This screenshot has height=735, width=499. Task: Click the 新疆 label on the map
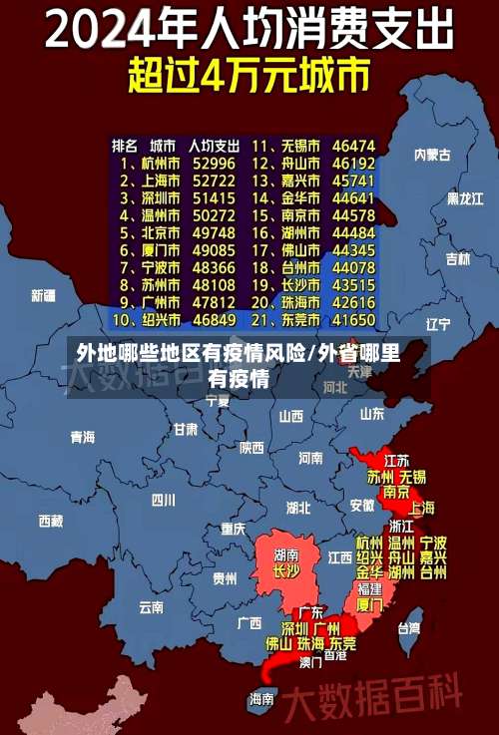pyautogui.click(x=43, y=295)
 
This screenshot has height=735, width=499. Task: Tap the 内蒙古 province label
pyautogui.click(x=433, y=155)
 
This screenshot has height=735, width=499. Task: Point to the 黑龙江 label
pyautogui.click(x=464, y=198)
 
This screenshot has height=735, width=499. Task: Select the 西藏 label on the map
pyautogui.click(x=50, y=521)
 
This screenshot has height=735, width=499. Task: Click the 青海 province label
pyautogui.click(x=82, y=437)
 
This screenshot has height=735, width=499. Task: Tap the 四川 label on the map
pyautogui.click(x=164, y=500)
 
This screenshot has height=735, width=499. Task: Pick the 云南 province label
pyautogui.click(x=151, y=605)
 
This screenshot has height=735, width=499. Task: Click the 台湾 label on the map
pyautogui.click(x=409, y=628)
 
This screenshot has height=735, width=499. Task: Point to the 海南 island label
pyautogui.click(x=261, y=698)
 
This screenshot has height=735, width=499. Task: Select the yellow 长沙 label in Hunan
pyautogui.click(x=285, y=571)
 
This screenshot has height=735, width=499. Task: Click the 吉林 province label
pyautogui.click(x=458, y=258)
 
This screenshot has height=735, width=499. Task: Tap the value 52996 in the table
pyautogui.click(x=214, y=163)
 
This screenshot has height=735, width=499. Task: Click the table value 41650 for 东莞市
pyautogui.click(x=353, y=320)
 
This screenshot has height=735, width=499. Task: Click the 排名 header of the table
pyautogui.click(x=125, y=145)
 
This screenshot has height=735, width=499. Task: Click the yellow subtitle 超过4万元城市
pyautogui.click(x=249, y=75)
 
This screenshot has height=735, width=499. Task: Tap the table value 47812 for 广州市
pyautogui.click(x=214, y=302)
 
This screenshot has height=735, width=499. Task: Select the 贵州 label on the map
pyautogui.click(x=224, y=577)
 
